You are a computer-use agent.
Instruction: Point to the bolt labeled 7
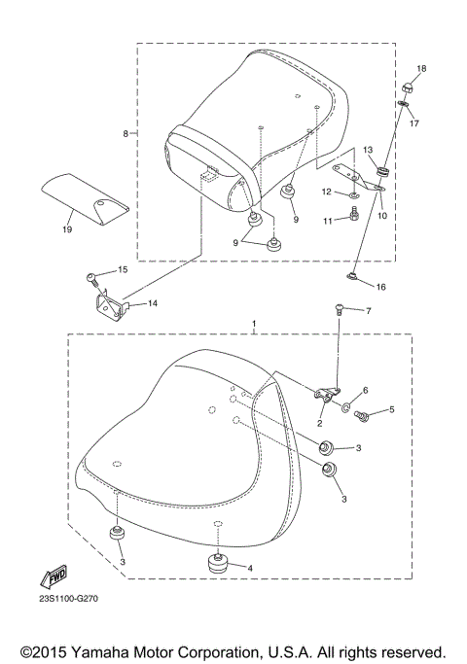coord(340,309)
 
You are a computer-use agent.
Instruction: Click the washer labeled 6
coord(345,400)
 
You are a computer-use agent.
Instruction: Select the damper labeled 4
coord(217,565)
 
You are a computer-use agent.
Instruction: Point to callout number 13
coord(369,150)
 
